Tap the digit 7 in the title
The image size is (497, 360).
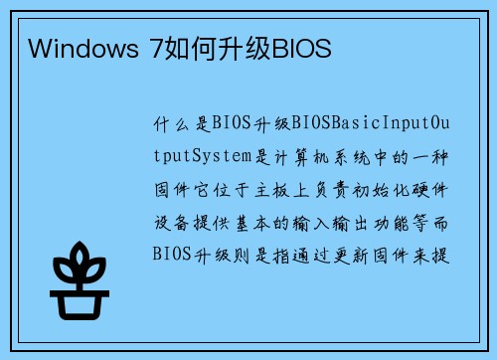tap(154, 48)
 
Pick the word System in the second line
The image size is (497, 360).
tap(227, 156)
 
